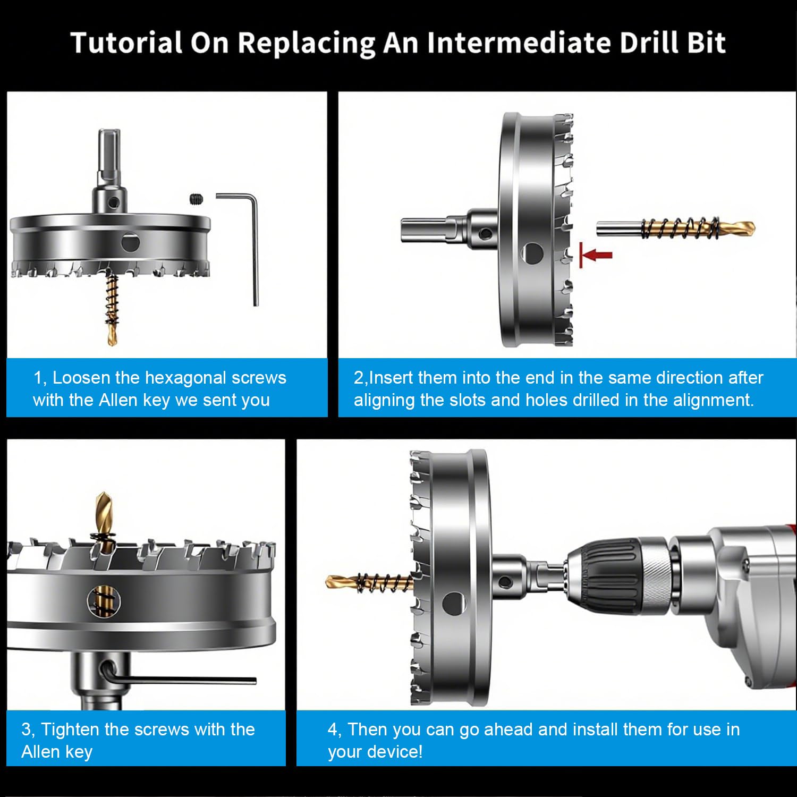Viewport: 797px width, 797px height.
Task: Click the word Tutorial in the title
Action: (127, 43)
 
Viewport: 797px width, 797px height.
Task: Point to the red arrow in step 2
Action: (596, 255)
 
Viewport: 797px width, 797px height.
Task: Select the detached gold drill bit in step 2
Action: (675, 228)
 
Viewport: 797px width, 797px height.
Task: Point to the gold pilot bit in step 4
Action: (369, 582)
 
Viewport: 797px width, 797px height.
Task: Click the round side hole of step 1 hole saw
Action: (130, 242)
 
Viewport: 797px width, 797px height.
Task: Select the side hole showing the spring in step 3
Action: (104, 601)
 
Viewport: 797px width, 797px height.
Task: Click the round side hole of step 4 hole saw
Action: (453, 604)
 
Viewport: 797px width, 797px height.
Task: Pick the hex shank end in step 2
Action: (404, 230)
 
